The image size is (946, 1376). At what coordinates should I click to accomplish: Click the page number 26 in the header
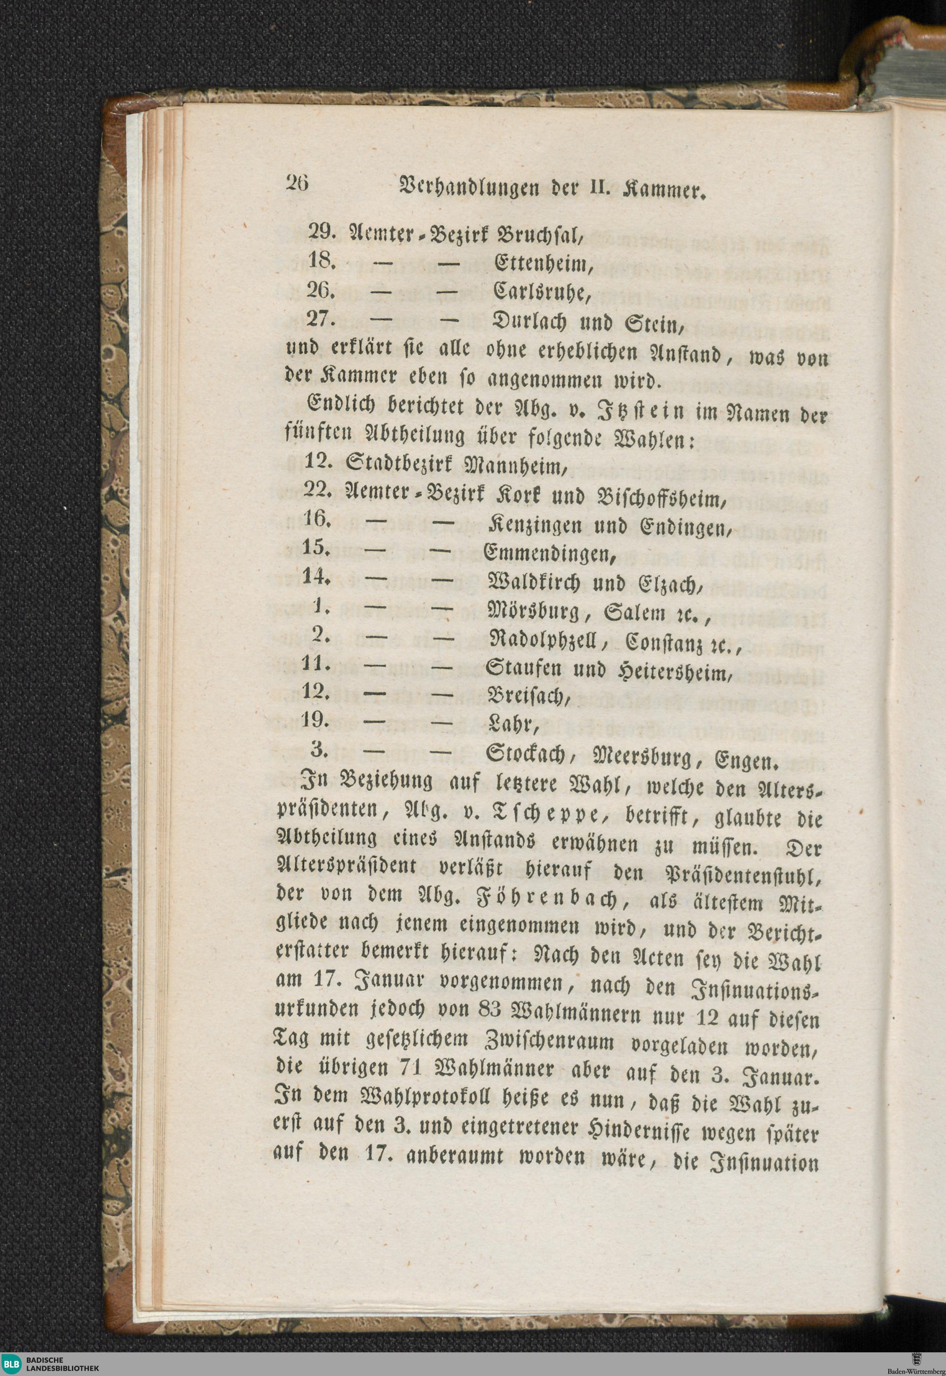[x=297, y=183]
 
